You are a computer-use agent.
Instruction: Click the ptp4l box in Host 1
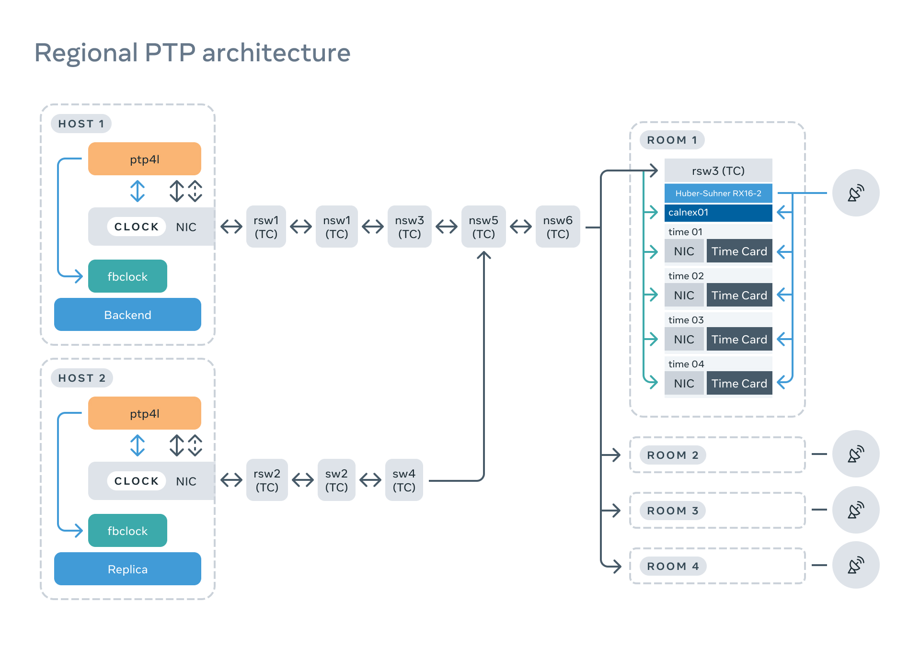[144, 159]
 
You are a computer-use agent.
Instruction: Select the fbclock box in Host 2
[127, 531]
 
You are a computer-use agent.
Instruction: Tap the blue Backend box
[127, 315]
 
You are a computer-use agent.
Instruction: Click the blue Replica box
[127, 569]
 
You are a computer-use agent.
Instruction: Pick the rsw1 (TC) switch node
[266, 227]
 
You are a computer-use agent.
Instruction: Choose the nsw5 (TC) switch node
[483, 227]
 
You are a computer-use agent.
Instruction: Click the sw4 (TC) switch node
[403, 480]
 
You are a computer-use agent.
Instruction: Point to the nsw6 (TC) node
[557, 227]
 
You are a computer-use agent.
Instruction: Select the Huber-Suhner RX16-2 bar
[718, 193]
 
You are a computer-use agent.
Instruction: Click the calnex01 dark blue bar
[718, 213]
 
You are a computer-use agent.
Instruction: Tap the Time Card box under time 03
[739, 340]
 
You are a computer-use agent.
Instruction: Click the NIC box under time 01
[684, 251]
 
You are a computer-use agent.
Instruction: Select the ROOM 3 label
[672, 511]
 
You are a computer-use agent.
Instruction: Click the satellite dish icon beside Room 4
[855, 565]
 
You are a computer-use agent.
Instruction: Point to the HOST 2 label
[82, 378]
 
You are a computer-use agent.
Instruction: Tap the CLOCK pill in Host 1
[137, 227]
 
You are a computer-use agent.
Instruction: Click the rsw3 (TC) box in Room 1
[718, 171]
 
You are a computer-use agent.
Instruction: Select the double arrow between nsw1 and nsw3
[373, 227]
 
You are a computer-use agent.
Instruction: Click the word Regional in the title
[86, 53]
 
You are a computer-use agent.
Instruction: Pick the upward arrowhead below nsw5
[484, 255]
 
